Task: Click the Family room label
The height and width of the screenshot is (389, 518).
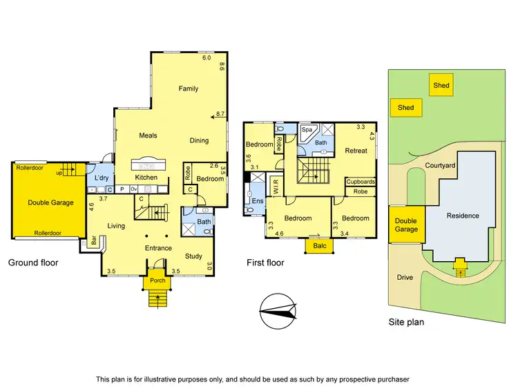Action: coord(188,88)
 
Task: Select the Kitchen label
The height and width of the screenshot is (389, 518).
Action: coord(146,178)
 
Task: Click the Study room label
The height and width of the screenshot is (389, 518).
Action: coord(193,256)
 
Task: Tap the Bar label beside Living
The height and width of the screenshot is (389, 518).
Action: coord(94,242)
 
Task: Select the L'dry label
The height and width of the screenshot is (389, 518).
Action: coord(102,178)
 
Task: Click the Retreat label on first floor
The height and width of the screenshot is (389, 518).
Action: coord(356,151)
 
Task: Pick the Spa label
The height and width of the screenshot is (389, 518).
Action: coord(306,129)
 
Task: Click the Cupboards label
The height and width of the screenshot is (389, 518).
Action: coord(361,182)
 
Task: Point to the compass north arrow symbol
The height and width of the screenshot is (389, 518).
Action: coord(279,309)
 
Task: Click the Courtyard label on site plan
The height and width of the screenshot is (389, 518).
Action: coord(440,166)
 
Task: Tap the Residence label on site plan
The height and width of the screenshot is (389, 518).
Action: coord(463,216)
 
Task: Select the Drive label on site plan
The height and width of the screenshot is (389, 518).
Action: coord(405,278)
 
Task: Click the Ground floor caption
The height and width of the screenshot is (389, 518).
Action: coord(33,263)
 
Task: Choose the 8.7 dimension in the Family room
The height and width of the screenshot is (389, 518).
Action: coord(220,113)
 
